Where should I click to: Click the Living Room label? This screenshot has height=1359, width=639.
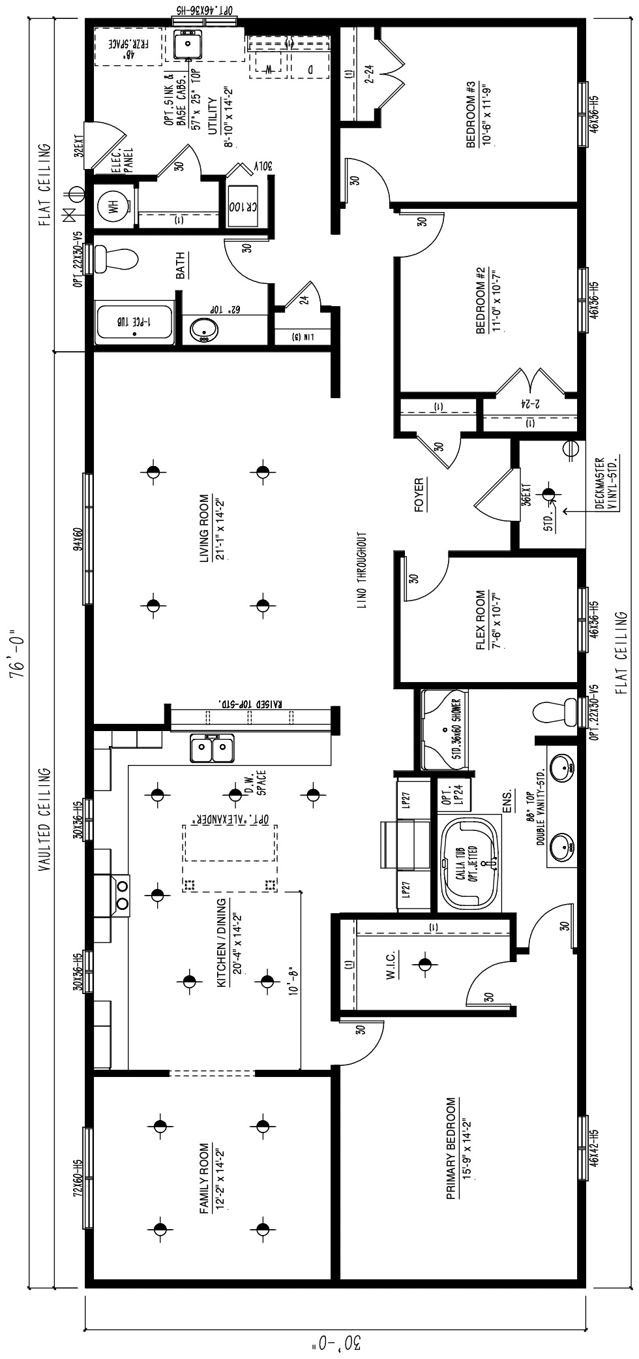point(205,528)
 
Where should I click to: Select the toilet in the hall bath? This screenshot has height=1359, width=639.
point(116,259)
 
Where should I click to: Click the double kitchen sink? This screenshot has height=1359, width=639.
point(213,748)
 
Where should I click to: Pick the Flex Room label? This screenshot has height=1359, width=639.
point(481,621)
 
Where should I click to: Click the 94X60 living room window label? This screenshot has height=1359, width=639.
point(78,539)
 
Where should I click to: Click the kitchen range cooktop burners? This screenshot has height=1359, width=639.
point(122,894)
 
